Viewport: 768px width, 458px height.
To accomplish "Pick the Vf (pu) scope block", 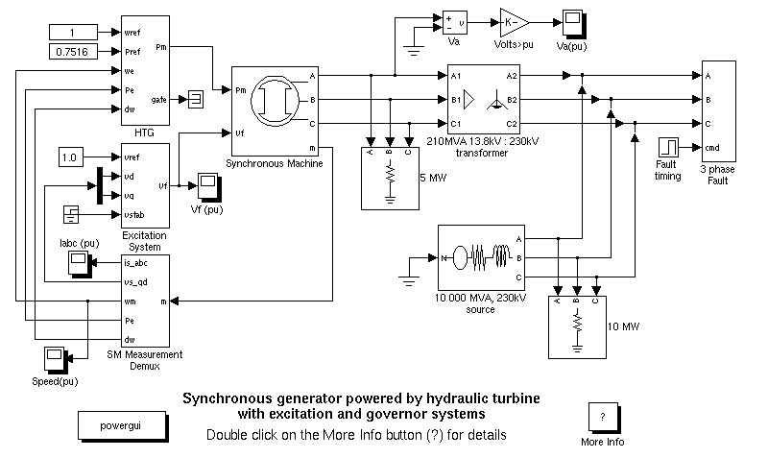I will (x=208, y=183).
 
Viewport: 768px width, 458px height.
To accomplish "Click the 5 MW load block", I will (x=390, y=176).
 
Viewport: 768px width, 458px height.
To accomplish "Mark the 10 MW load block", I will (x=576, y=326).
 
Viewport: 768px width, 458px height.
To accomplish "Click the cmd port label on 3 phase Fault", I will (x=712, y=148).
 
